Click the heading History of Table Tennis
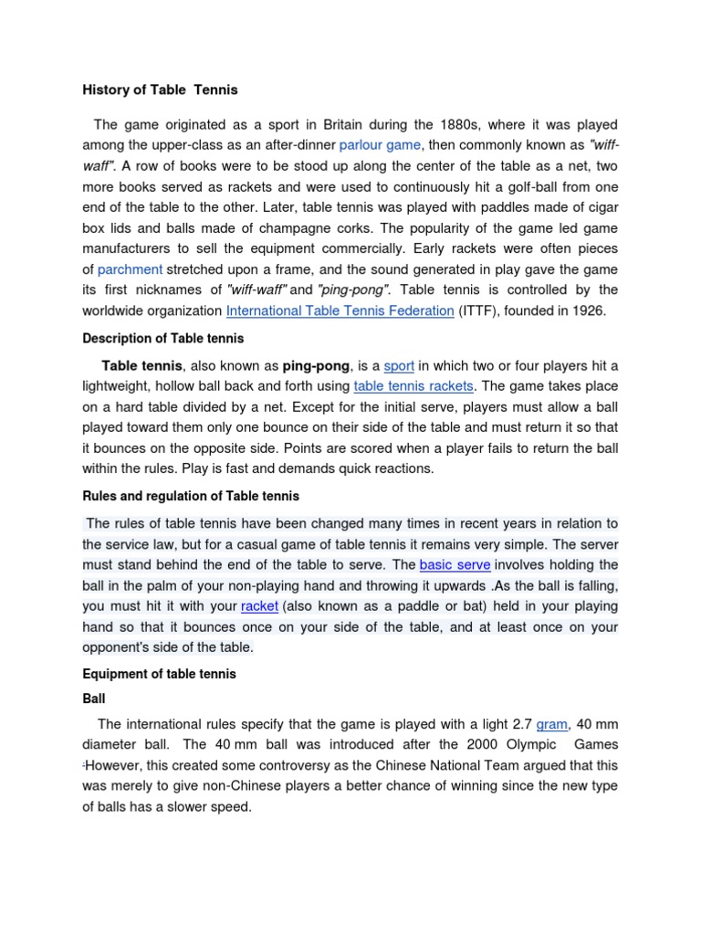(160, 89)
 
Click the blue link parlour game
(380, 144)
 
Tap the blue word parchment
(130, 269)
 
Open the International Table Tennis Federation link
(340, 310)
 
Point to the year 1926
(587, 310)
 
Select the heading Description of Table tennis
(163, 339)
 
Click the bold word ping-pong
(316, 366)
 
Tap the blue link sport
(399, 366)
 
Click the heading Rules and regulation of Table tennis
(191, 496)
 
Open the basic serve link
(455, 565)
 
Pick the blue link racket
(259, 606)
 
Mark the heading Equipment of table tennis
(160, 674)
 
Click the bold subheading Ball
(94, 699)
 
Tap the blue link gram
(552, 724)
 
